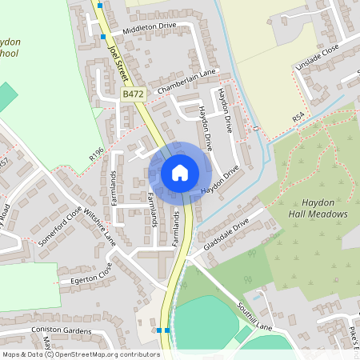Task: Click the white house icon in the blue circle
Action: pos(180,173)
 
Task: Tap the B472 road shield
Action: pos(132,94)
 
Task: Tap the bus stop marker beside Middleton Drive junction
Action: pos(103,37)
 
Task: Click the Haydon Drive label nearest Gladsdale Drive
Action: pos(220,181)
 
